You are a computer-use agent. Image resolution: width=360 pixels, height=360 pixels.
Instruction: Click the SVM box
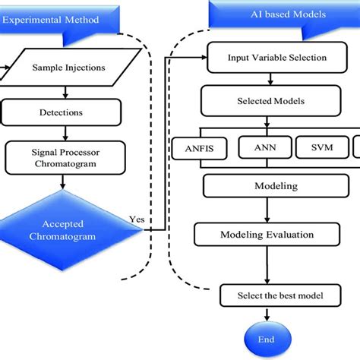pyautogui.click(x=320, y=147)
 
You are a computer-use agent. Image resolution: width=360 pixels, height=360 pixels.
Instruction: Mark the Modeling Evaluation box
pyautogui.click(x=267, y=234)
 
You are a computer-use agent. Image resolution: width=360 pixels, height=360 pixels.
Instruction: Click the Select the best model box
pyautogui.click(x=267, y=294)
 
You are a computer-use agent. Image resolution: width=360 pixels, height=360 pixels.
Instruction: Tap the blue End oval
pyautogui.click(x=267, y=340)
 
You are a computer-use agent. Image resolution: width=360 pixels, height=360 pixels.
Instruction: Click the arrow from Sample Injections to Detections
pyautogui.click(x=68, y=92)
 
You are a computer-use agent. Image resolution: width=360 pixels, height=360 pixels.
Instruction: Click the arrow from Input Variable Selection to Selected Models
pyautogui.click(x=267, y=79)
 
